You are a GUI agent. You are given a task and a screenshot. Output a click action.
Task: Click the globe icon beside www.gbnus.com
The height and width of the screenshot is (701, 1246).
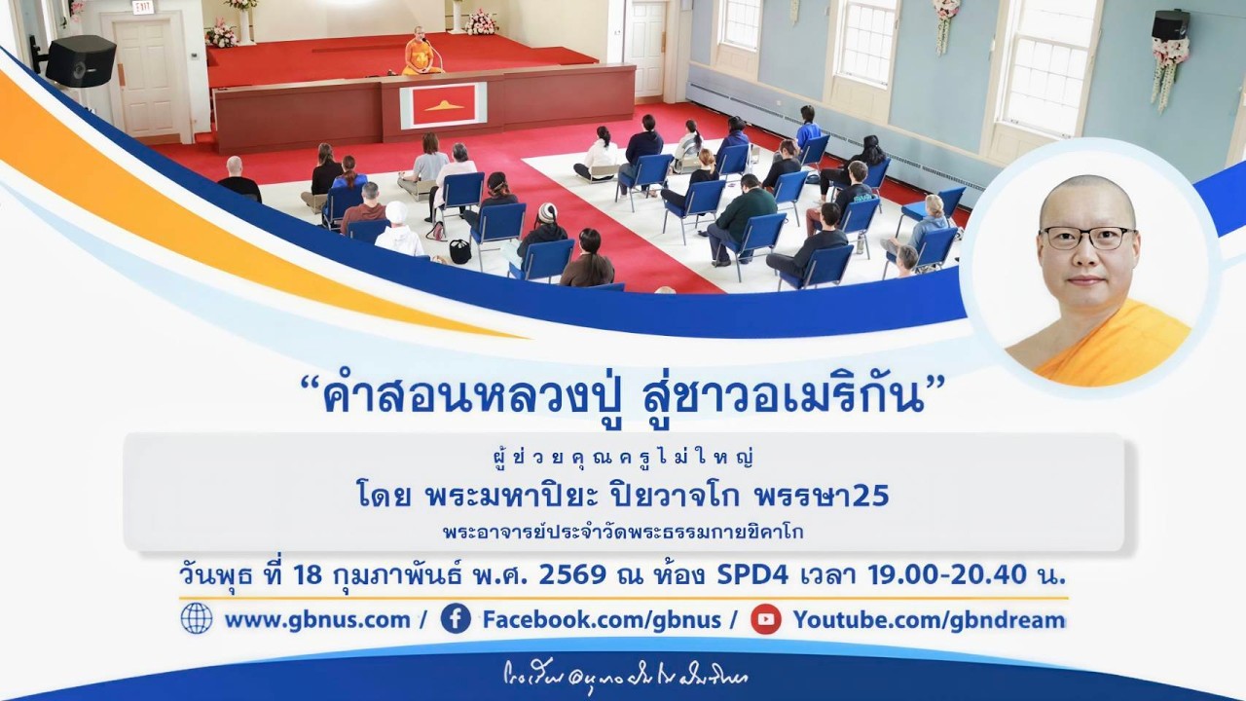click(197, 618)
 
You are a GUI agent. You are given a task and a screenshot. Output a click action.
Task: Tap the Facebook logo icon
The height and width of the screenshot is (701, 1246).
click(456, 618)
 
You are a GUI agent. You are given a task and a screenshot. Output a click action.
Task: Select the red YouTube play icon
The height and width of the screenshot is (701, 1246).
click(766, 618)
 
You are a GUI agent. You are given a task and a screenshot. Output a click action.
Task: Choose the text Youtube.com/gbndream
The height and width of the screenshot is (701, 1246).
click(928, 619)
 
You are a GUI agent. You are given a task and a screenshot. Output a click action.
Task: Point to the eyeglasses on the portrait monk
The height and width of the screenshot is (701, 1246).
click(1086, 238)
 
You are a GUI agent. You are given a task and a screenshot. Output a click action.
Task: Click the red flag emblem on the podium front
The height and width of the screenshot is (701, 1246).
click(443, 105)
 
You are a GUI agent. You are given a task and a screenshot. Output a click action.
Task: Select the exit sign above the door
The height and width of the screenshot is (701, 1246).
click(143, 8)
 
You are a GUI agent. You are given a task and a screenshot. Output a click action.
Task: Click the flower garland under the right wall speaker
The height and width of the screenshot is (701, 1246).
click(1168, 73)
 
